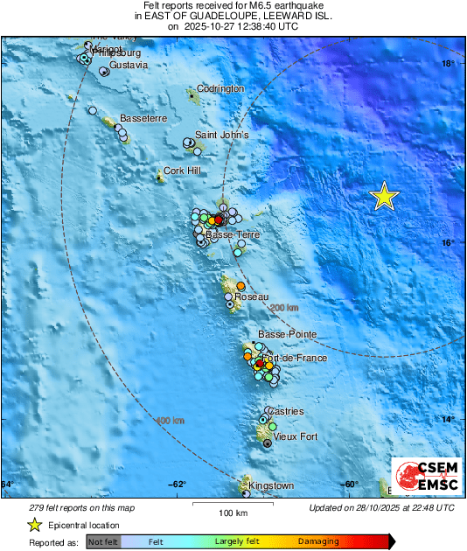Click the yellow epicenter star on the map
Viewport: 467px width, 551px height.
click(384, 197)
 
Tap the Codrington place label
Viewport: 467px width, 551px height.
click(220, 89)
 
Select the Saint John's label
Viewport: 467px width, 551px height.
click(221, 136)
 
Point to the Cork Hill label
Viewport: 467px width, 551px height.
click(182, 171)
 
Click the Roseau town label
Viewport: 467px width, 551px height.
click(252, 298)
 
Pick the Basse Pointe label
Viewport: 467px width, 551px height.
click(287, 334)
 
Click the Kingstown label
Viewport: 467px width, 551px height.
click(271, 485)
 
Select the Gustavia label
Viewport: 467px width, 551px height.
click(129, 66)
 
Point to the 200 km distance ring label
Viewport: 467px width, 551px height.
click(284, 308)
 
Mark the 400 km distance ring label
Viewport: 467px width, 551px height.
click(170, 421)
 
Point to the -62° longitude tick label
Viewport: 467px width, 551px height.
click(178, 485)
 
